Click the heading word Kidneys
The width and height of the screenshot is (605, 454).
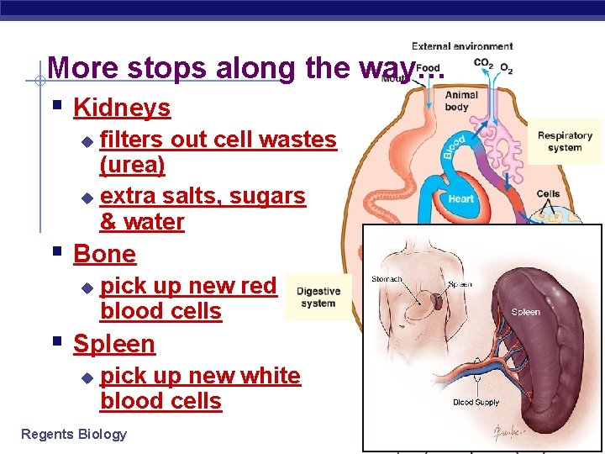pos(122,108)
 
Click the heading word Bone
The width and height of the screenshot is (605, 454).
pos(104,253)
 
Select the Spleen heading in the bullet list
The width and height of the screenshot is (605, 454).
pos(114,344)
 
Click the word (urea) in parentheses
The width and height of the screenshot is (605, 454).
pos(132,165)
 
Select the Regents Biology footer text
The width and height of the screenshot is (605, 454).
pos(74,434)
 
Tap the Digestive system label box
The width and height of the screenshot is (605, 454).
pos(318,298)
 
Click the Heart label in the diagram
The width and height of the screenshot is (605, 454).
pos(461,199)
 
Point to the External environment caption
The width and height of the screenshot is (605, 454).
pos(462,46)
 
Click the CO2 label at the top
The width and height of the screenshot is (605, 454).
pos(483,63)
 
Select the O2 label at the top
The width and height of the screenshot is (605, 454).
pos(506,67)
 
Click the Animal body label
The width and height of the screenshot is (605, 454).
pos(461,101)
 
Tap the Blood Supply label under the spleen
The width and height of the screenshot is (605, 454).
pos(476,403)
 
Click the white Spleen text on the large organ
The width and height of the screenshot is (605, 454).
pos(526,312)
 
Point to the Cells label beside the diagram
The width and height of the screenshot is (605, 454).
pos(548,194)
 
